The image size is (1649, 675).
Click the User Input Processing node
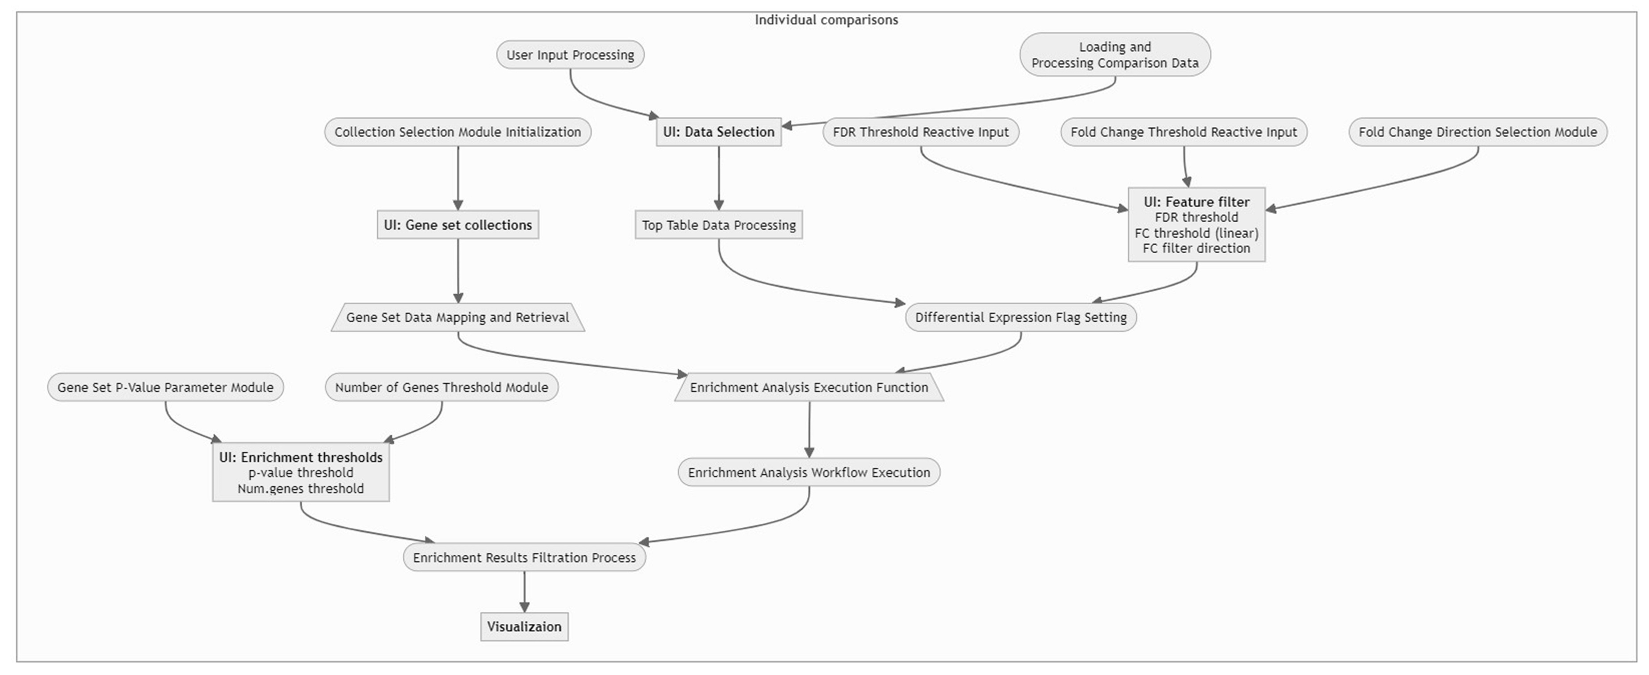570,55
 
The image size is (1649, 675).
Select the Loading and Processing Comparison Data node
1114,55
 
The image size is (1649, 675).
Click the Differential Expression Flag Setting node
1020,317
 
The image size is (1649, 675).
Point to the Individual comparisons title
826,20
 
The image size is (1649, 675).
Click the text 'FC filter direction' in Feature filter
1196,248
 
